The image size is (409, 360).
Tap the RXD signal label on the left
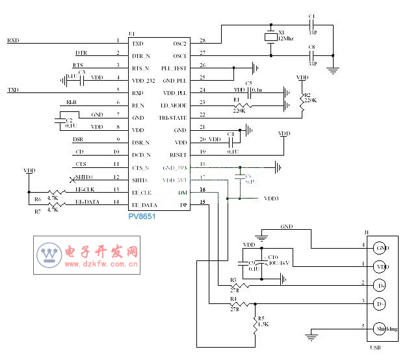[13, 40]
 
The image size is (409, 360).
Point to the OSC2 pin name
[179, 43]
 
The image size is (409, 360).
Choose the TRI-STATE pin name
[174, 117]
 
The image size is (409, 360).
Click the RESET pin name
[178, 155]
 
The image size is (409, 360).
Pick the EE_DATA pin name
[144, 205]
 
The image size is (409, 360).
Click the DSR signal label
[77, 139]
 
